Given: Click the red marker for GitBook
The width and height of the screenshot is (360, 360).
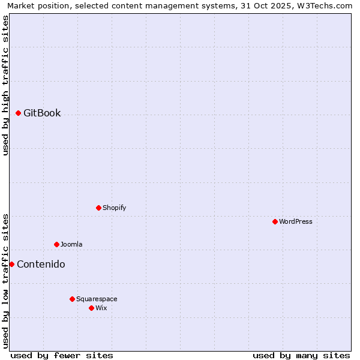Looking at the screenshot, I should (x=19, y=113).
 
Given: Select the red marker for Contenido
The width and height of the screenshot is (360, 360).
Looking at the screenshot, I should (x=11, y=264).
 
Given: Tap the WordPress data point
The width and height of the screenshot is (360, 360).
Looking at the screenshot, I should (x=275, y=221).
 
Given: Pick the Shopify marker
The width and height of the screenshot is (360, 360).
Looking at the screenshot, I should (x=99, y=208).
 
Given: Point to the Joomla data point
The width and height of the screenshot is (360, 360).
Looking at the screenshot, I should (x=57, y=244).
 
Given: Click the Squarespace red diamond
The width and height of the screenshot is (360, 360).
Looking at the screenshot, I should (x=73, y=299).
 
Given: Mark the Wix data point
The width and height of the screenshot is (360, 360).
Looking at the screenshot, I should (x=92, y=308).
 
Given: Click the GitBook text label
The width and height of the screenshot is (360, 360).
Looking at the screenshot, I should (x=42, y=113).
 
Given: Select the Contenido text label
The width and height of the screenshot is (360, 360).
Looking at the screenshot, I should (x=41, y=264).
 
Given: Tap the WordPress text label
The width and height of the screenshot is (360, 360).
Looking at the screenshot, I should (x=296, y=221).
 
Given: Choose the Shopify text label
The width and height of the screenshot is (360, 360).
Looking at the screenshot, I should (x=114, y=208).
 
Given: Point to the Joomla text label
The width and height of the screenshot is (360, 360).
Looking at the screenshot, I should (x=71, y=244).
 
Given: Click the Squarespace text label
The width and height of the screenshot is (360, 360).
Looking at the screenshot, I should (x=97, y=299).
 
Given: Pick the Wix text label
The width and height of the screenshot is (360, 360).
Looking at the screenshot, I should (x=101, y=308).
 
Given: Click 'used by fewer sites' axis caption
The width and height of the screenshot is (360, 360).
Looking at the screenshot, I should (x=62, y=355).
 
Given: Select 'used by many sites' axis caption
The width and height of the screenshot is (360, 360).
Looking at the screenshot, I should (x=301, y=355).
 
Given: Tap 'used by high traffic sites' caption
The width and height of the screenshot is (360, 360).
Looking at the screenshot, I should (x=5, y=85).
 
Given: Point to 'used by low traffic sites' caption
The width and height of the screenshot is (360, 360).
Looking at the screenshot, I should (x=5, y=280).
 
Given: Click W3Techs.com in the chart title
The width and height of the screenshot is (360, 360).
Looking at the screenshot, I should (x=325, y=5).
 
